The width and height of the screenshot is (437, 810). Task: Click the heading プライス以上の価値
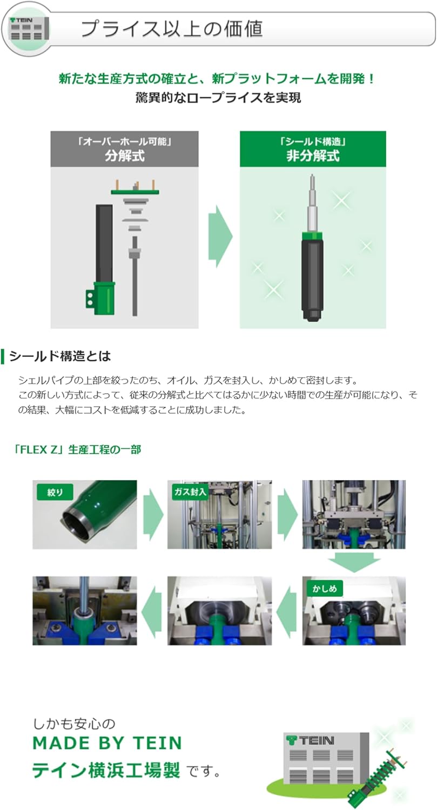coord(171,29)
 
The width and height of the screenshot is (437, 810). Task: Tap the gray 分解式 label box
coord(124,149)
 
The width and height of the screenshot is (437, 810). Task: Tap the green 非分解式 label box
coord(313,149)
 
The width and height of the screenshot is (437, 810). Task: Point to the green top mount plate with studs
coord(135,191)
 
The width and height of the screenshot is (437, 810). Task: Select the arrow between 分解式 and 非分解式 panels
coord(220,236)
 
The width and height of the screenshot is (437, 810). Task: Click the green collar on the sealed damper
coord(312,234)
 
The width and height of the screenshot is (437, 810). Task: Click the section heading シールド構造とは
coord(60,356)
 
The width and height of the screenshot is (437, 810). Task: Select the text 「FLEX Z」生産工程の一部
coord(77,449)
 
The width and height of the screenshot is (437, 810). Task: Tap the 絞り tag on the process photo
coord(55,492)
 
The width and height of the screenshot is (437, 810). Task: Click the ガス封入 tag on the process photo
coord(189,492)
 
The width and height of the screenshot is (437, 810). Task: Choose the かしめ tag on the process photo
coord(325,588)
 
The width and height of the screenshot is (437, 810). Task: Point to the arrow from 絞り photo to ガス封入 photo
coord(152,514)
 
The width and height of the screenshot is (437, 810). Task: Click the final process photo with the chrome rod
coord(84,610)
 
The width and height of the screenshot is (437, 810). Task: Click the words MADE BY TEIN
coord(107,744)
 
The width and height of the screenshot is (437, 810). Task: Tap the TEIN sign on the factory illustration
coord(311,740)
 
